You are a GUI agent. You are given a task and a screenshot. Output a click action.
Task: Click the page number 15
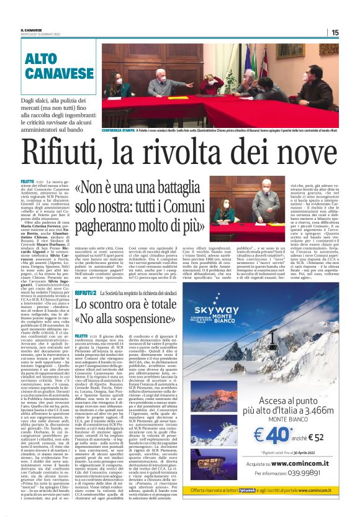(352, 32)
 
